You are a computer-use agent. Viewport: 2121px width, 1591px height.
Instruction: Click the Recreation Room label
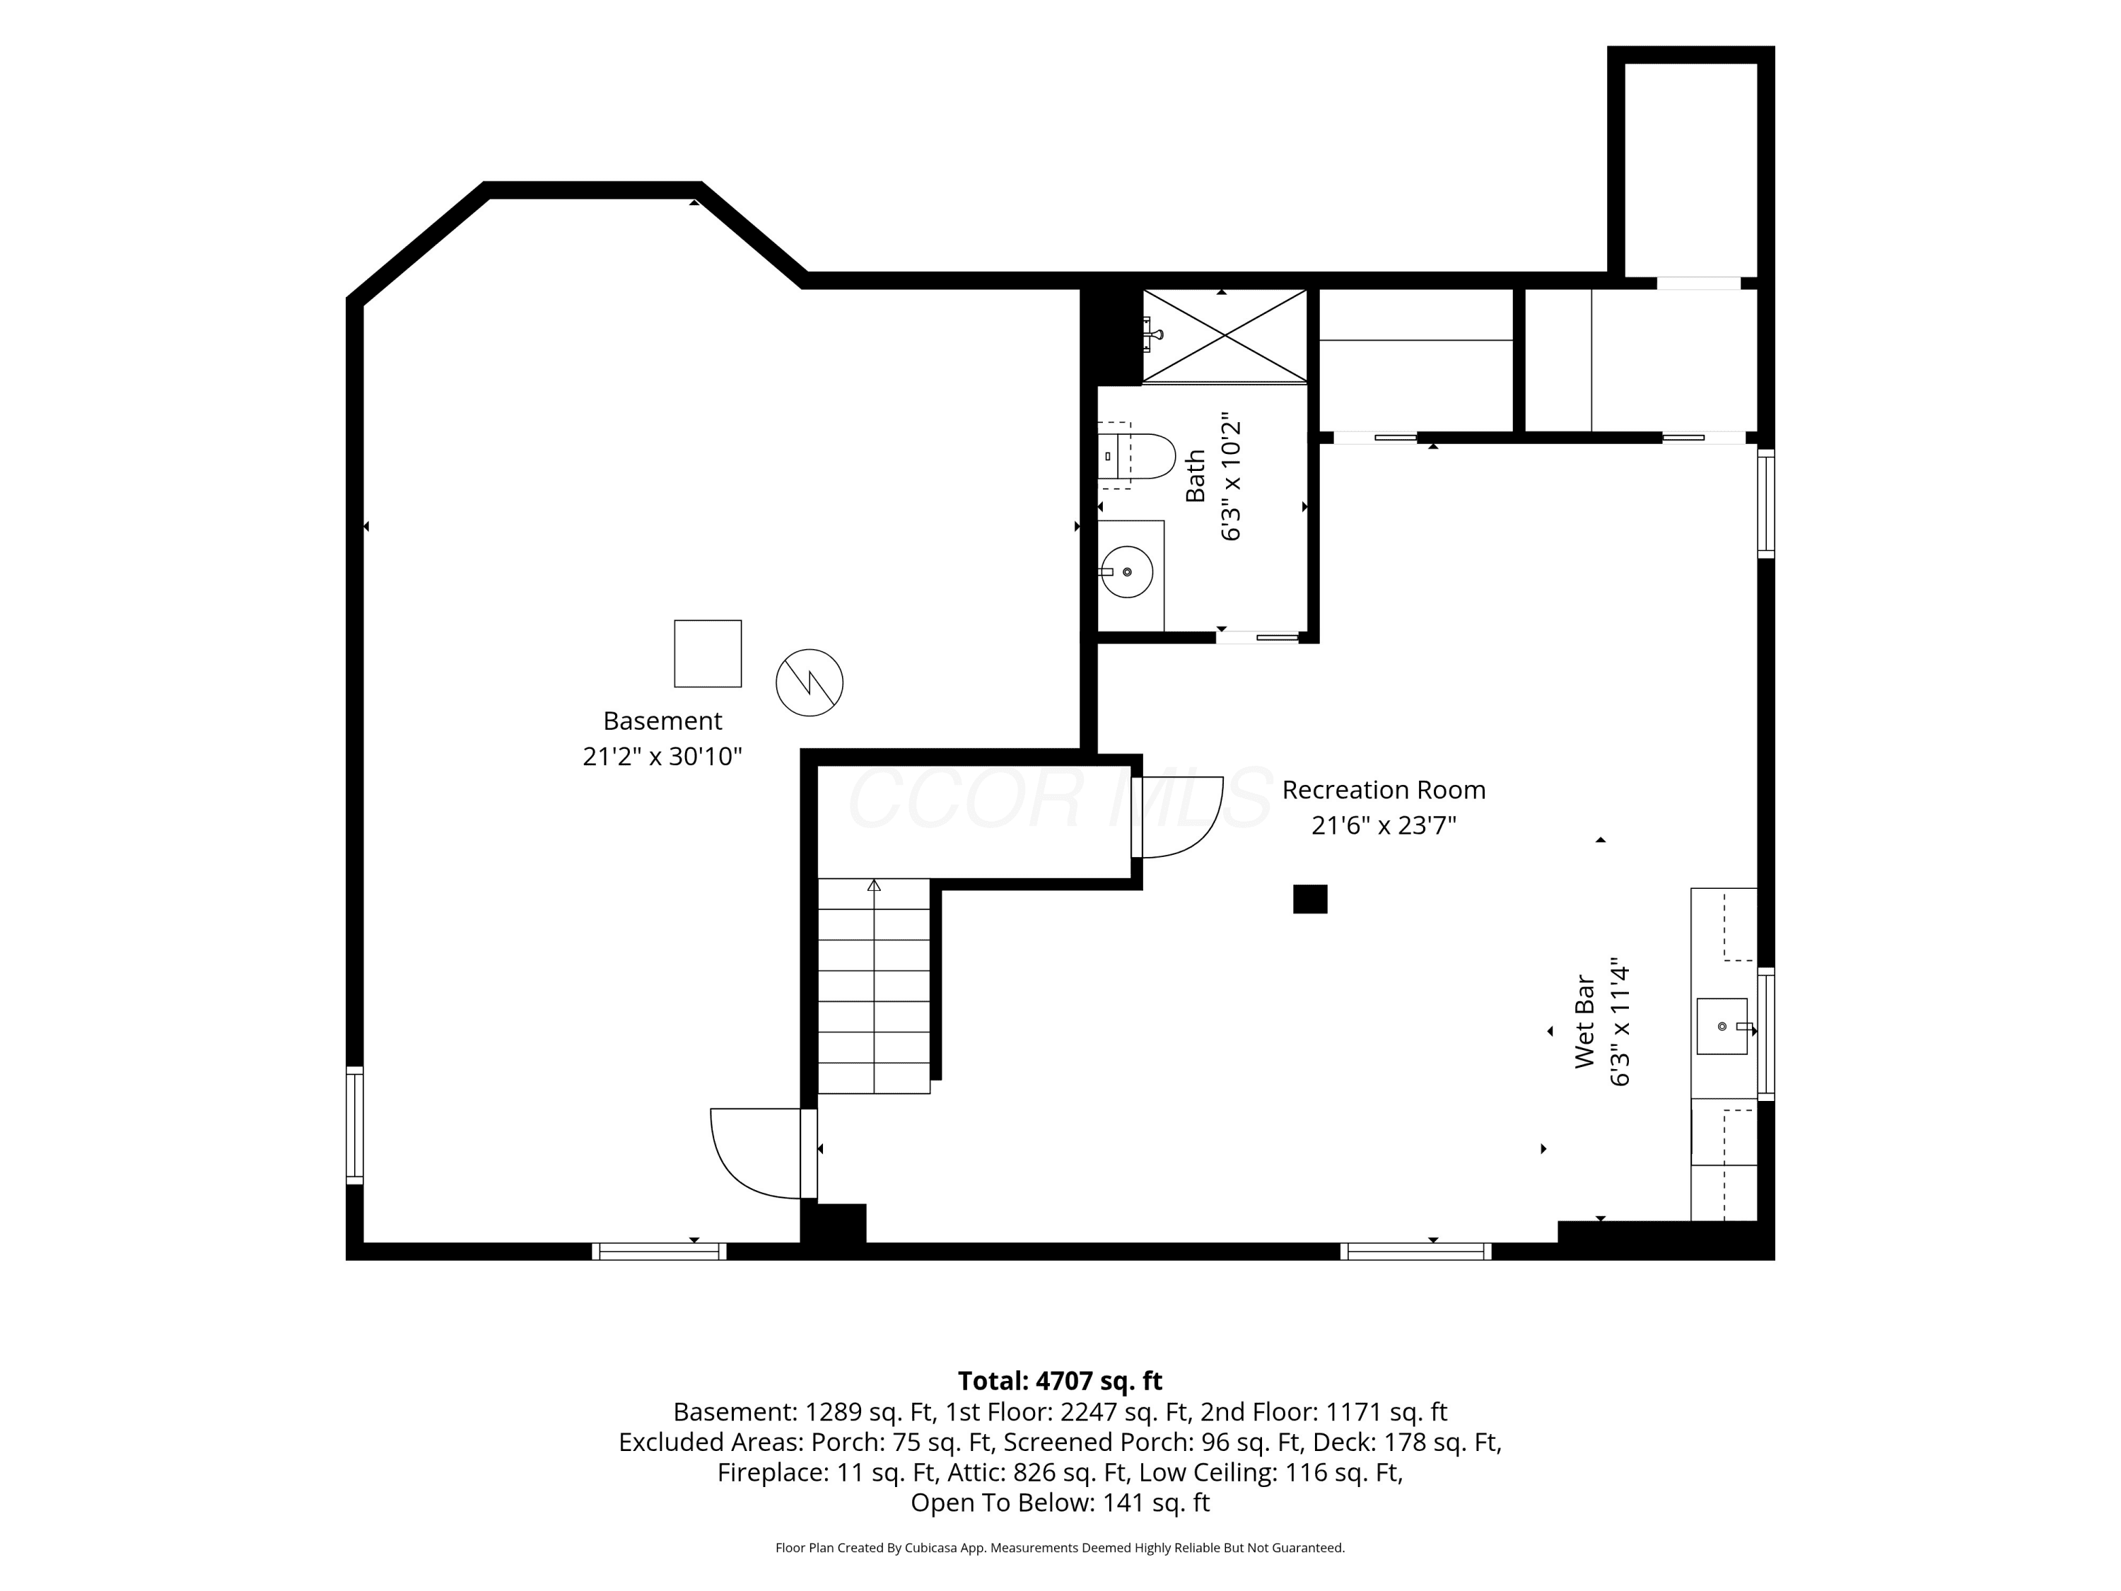[x=1383, y=791]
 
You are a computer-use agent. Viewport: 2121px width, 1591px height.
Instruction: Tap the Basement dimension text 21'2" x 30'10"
[x=662, y=757]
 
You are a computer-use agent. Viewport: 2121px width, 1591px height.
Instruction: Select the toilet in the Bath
[x=1136, y=457]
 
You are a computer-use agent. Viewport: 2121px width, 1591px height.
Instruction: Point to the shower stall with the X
[x=1225, y=336]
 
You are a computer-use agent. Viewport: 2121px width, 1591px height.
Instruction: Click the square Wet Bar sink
[x=1722, y=1026]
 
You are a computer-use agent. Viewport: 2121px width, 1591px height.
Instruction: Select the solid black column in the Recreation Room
[x=1310, y=899]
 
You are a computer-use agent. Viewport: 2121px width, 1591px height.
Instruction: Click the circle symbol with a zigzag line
[x=810, y=683]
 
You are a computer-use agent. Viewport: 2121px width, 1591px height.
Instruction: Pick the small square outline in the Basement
[x=708, y=653]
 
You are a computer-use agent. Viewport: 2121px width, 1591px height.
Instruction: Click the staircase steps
[x=874, y=986]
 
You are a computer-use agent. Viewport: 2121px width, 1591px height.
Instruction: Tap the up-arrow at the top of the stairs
[x=874, y=885]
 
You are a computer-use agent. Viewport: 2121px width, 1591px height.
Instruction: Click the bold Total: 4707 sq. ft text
[x=1060, y=1381]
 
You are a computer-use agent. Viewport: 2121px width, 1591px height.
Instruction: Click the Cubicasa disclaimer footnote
[x=1060, y=1547]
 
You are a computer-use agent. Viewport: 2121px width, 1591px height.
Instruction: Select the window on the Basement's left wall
[x=355, y=1125]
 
